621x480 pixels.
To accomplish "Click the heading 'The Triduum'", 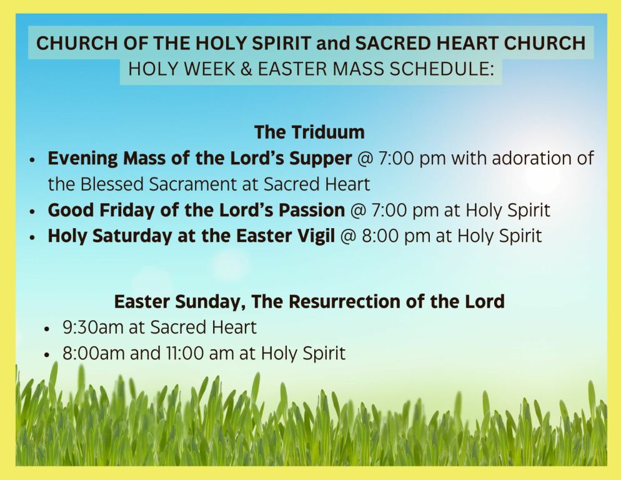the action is tap(309, 132).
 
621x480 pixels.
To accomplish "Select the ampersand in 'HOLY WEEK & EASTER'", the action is tap(246, 69).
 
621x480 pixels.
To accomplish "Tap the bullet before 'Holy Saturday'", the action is tap(33, 237).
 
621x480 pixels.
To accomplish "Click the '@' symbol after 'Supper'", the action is tap(365, 159).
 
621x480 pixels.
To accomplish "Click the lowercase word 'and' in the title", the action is tap(334, 43).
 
